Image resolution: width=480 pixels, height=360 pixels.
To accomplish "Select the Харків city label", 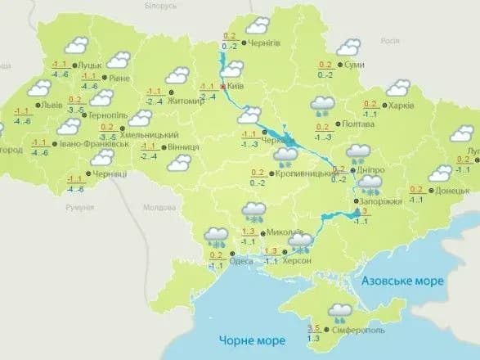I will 401,106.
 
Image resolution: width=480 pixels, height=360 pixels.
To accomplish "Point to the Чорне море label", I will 251,340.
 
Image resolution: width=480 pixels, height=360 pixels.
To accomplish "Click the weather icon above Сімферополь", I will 340,312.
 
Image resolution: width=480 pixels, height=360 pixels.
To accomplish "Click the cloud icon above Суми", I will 349,47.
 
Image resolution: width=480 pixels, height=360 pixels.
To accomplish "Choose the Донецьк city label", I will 453,191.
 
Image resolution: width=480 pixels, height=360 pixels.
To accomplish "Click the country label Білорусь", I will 159,5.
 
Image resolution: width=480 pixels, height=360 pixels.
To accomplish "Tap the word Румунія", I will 79,208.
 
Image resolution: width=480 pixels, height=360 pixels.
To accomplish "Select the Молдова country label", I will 159,208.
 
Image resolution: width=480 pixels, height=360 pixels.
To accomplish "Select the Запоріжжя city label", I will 380,200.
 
